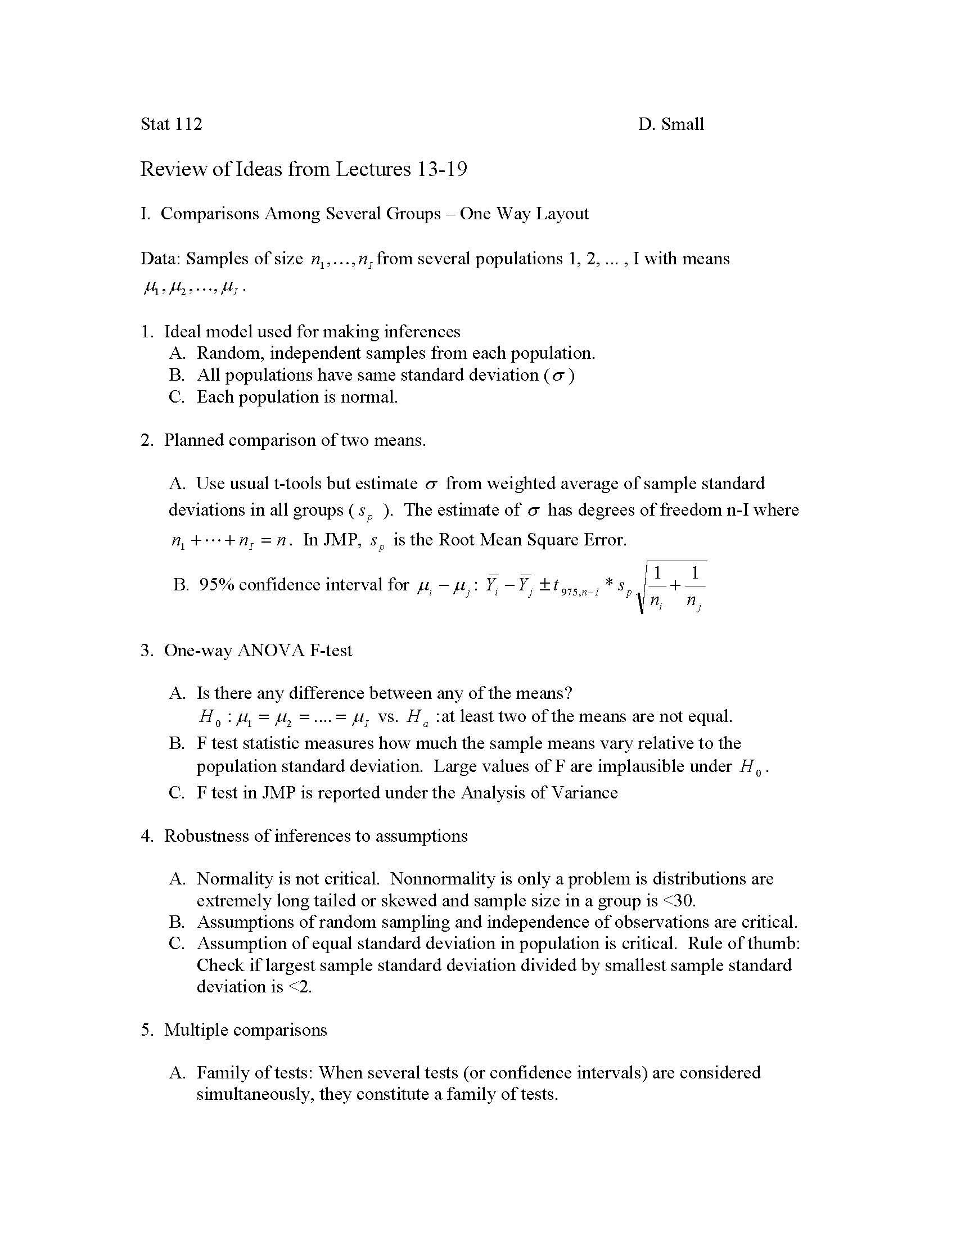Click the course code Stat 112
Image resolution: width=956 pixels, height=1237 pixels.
(171, 124)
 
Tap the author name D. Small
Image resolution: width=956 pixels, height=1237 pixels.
(670, 124)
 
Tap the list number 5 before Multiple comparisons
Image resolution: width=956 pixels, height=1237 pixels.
(146, 1030)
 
